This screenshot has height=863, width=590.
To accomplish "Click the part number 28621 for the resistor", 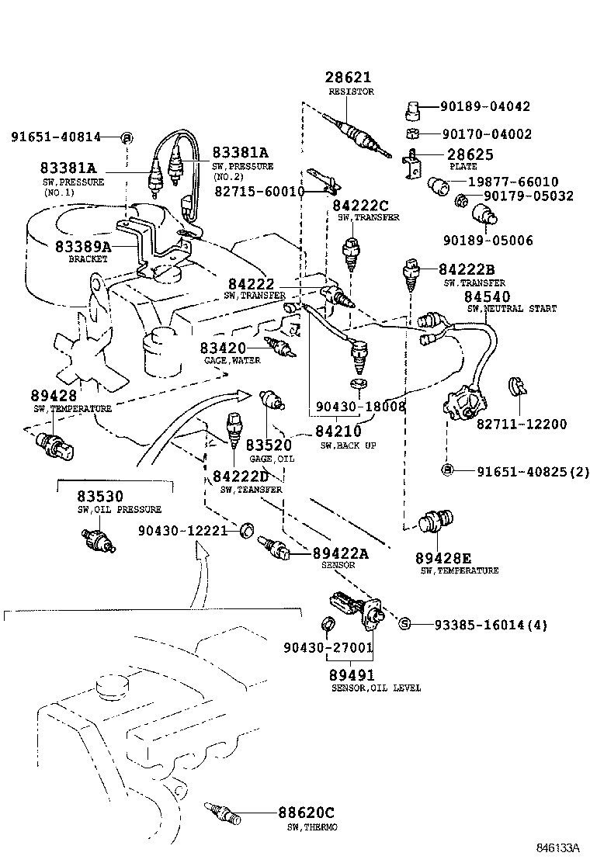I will (x=348, y=78).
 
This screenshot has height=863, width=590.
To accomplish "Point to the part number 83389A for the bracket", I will (x=83, y=246).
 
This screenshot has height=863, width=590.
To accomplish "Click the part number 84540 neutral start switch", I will (x=487, y=296).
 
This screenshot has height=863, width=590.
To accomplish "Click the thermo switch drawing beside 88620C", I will (x=223, y=813).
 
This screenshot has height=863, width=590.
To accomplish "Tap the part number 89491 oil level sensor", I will (x=352, y=675).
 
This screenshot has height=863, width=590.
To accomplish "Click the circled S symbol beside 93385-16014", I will (x=404, y=624).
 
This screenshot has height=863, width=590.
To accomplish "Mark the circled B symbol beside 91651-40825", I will (x=447, y=470).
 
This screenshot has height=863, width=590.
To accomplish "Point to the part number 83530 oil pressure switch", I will (x=99, y=496).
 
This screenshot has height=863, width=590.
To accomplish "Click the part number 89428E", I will (x=442, y=558).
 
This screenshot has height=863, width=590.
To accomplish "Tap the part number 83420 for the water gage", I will (x=223, y=348).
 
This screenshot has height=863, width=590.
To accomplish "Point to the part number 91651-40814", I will (x=56, y=137).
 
